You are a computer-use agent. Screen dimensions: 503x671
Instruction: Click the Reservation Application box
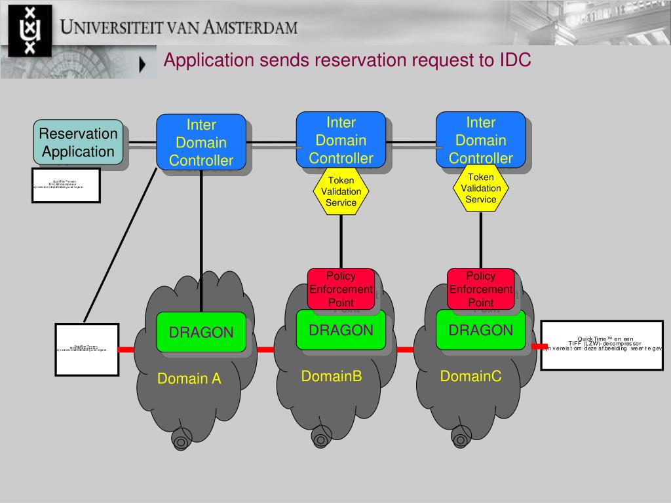pos(78,141)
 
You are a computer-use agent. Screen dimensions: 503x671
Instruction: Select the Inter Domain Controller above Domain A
pos(201,141)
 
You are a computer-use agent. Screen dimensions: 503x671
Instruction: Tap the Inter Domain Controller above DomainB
pos(341,140)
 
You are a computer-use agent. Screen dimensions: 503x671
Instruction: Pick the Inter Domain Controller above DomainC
pos(481,140)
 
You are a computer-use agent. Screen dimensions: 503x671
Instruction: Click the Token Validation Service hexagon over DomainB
pos(341,191)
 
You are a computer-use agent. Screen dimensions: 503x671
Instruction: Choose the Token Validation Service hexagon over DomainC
pos(481,188)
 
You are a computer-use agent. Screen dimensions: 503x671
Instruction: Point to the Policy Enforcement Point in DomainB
pos(341,289)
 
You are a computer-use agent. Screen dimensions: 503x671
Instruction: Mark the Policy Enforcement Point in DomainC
pos(481,289)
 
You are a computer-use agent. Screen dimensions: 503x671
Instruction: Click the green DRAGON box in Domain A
pos(201,332)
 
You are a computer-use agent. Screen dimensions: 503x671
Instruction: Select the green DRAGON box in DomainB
pos(341,330)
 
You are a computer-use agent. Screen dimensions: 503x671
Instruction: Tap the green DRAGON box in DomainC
pos(481,330)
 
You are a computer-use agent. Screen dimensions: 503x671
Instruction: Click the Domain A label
pos(189,379)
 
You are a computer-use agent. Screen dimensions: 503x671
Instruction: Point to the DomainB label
pos(332,376)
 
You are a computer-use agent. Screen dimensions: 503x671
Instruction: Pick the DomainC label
pos(470,376)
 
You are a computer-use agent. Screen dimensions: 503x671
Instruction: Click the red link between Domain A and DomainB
pos(265,350)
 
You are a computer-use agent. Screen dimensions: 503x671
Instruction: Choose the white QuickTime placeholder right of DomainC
pos(602,345)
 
